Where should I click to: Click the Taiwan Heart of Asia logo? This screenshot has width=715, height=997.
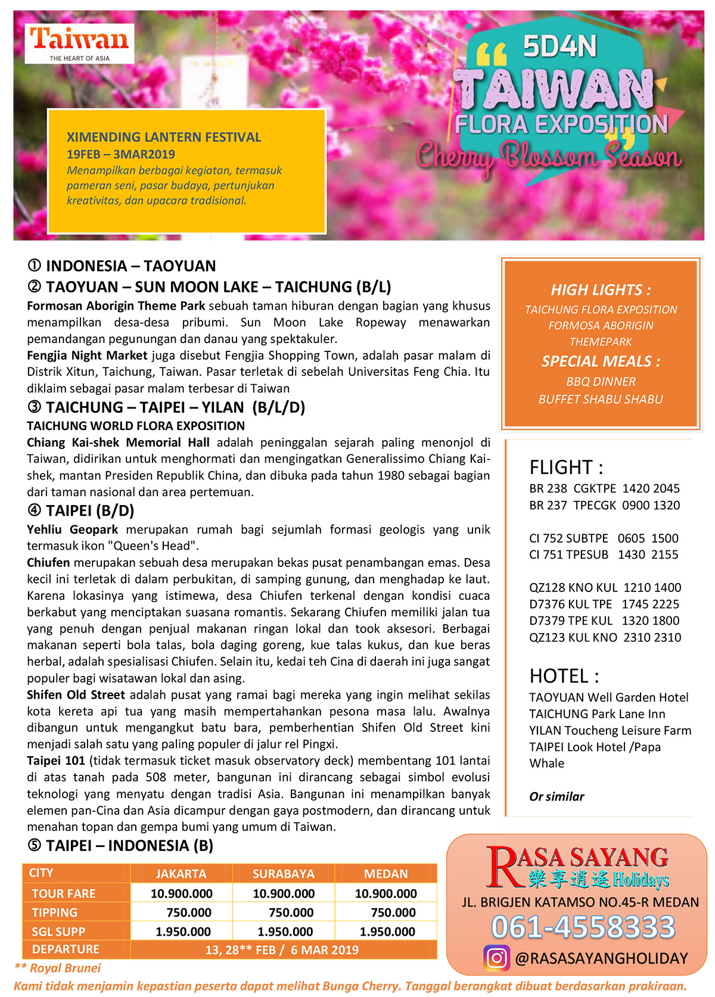[79, 43]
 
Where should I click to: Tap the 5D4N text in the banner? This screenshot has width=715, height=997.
[559, 46]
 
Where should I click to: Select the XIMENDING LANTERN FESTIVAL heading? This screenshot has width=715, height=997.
[164, 137]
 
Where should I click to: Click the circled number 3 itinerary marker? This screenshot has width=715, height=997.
[34, 407]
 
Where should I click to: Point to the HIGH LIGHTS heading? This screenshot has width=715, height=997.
[600, 290]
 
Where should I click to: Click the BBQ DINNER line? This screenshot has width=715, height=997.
[601, 381]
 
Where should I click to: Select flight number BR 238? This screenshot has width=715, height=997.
[548, 488]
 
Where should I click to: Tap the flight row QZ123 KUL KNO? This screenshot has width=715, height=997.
[605, 637]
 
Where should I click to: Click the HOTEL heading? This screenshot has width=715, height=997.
[564, 676]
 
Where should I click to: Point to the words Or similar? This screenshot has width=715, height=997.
[557, 796]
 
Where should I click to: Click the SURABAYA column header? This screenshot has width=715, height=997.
[283, 874]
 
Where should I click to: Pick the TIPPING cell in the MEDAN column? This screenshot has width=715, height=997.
[393, 912]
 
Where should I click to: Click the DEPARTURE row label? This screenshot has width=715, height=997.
[66, 949]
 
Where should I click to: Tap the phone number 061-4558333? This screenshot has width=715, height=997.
[583, 927]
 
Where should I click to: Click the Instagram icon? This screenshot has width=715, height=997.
[496, 958]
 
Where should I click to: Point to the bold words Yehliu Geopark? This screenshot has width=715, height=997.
[72, 529]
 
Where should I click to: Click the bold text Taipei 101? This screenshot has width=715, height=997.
[56, 761]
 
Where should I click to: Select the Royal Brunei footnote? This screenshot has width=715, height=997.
[58, 968]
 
